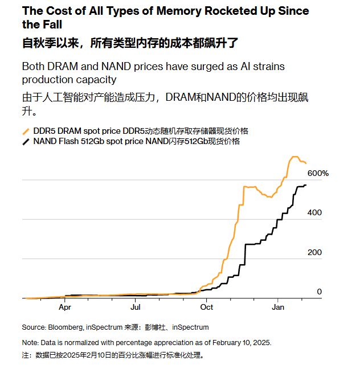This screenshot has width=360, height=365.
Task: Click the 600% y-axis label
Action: click(x=318, y=173)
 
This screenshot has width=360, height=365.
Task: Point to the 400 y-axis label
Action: click(x=315, y=212)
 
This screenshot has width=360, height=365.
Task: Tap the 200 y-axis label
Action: click(x=315, y=252)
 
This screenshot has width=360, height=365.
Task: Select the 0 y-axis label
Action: click(x=320, y=292)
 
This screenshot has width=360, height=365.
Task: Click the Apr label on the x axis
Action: click(x=64, y=307)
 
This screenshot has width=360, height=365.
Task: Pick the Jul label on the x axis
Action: click(x=136, y=307)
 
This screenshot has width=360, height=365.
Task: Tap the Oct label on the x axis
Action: click(x=206, y=307)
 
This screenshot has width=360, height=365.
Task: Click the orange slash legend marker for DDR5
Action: click(x=25, y=132)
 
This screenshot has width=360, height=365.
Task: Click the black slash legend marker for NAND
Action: click(x=25, y=142)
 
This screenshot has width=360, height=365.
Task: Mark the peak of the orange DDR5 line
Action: click(x=294, y=157)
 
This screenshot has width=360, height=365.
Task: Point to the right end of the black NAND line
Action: click(x=306, y=185)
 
